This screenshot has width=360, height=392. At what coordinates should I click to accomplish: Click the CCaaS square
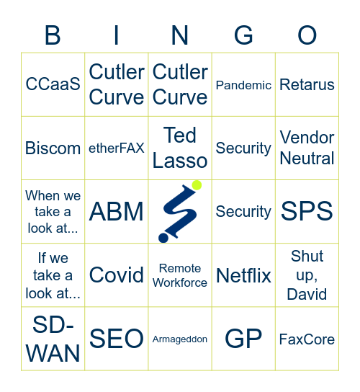pyautogui.click(x=53, y=84)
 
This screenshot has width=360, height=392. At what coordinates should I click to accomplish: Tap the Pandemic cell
pyautogui.click(x=243, y=84)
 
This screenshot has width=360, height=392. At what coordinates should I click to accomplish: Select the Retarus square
pyautogui.click(x=307, y=84)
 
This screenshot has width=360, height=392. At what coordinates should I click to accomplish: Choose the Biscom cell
pyautogui.click(x=53, y=148)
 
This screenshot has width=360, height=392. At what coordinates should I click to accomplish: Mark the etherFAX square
pyautogui.click(x=117, y=148)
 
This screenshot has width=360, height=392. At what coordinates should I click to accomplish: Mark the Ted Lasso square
pyautogui.click(x=180, y=148)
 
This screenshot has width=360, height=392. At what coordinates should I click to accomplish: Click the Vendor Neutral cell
pyautogui.click(x=307, y=148)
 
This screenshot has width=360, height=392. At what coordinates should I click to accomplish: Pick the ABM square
pyautogui.click(x=117, y=211)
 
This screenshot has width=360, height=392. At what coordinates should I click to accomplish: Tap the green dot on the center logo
pyautogui.click(x=197, y=186)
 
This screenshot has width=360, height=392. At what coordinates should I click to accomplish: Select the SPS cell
pyautogui.click(x=307, y=211)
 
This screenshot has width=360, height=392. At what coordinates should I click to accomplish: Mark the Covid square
pyautogui.click(x=117, y=275)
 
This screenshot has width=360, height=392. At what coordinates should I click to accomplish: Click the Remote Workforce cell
pyautogui.click(x=180, y=275)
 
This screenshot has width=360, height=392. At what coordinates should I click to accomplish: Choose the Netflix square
pyautogui.click(x=243, y=275)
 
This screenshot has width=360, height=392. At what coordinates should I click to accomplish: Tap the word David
pyautogui.click(x=307, y=294)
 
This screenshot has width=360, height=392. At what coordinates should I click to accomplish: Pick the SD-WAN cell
pyautogui.click(x=53, y=338)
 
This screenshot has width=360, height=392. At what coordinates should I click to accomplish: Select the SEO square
pyautogui.click(x=117, y=338)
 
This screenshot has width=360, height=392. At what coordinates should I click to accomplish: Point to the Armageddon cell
pyautogui.click(x=180, y=339)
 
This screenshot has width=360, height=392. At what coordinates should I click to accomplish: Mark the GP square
pyautogui.click(x=243, y=338)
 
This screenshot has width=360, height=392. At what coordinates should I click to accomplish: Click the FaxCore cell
pyautogui.click(x=307, y=339)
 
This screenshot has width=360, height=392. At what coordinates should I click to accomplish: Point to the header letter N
pyautogui.click(x=180, y=35)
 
